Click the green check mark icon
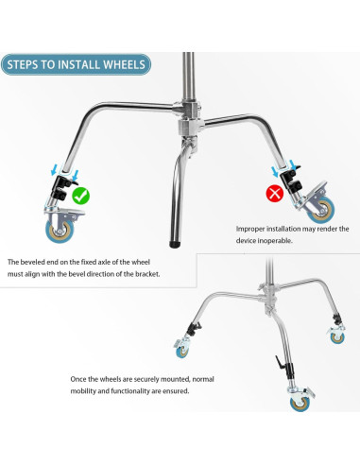[x=81, y=196]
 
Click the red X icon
[x=275, y=193]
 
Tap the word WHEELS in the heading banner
[x=124, y=64]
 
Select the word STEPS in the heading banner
[x=23, y=64]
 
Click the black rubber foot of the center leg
[x=175, y=244]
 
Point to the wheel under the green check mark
[x=60, y=231]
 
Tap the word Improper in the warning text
[x=250, y=229]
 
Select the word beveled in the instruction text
[x=32, y=262]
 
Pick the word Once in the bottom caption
[x=78, y=379]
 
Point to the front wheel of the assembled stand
[x=300, y=404]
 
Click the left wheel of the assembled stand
[x=181, y=352]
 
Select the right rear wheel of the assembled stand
[x=337, y=337]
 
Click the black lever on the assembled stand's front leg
[x=280, y=362]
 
